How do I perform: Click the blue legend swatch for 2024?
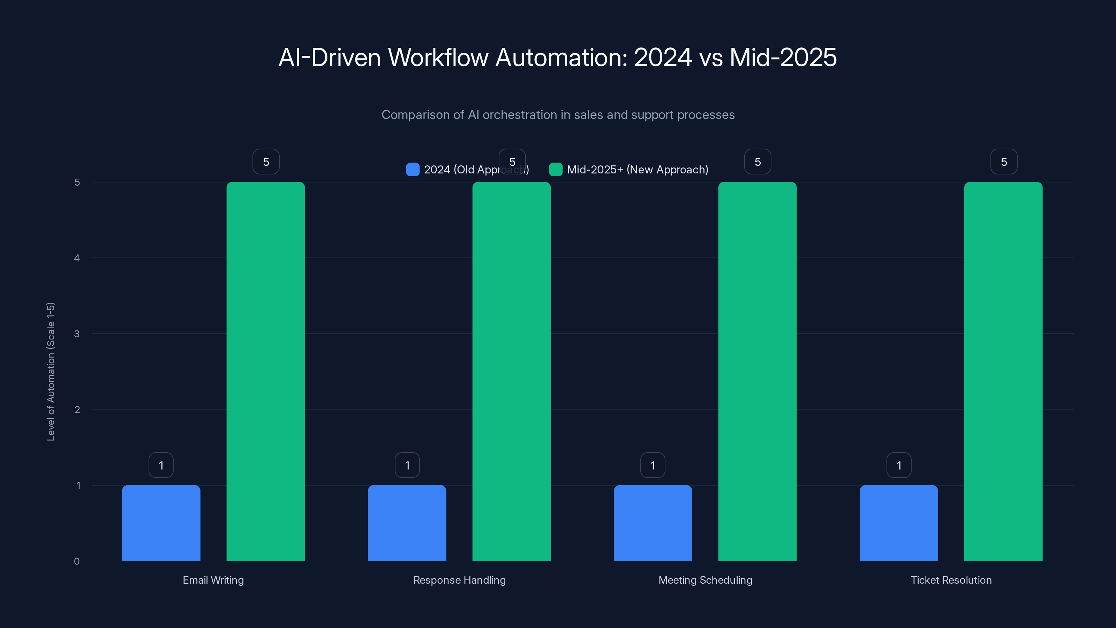(x=413, y=170)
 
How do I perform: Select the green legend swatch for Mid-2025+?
(x=556, y=170)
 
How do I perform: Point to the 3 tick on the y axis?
(x=77, y=334)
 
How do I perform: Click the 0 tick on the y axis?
(x=77, y=561)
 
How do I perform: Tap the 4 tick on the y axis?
(x=77, y=258)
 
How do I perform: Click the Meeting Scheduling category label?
(x=705, y=580)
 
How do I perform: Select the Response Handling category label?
(x=459, y=580)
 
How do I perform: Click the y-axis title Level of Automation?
(x=51, y=372)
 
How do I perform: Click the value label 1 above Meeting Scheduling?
(x=653, y=465)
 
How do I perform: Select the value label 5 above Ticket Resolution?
(x=1003, y=162)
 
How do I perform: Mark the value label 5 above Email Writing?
(x=266, y=162)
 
